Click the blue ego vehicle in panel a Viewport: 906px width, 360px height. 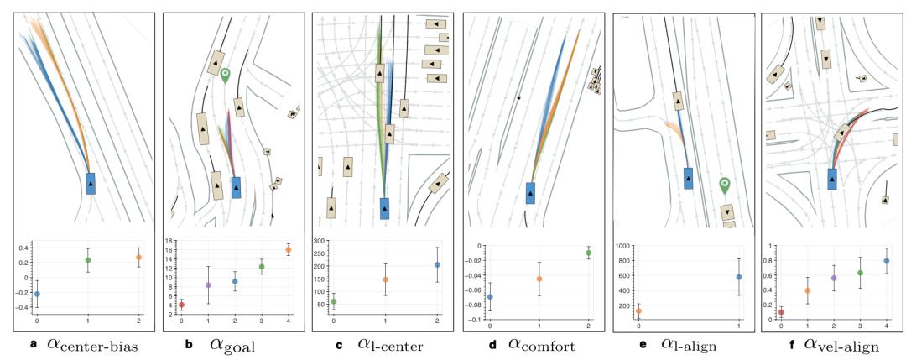pos(91,183)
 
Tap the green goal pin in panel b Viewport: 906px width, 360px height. pos(225,78)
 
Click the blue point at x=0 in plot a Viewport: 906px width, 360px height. pos(37,294)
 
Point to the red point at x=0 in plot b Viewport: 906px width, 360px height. pos(182,305)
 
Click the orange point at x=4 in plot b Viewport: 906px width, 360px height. pos(289,250)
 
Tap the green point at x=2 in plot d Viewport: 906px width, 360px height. pos(588,253)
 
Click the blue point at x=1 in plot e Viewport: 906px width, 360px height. pos(738,277)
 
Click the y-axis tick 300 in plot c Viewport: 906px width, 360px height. pos(320,241)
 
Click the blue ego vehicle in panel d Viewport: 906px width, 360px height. pos(531,193)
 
